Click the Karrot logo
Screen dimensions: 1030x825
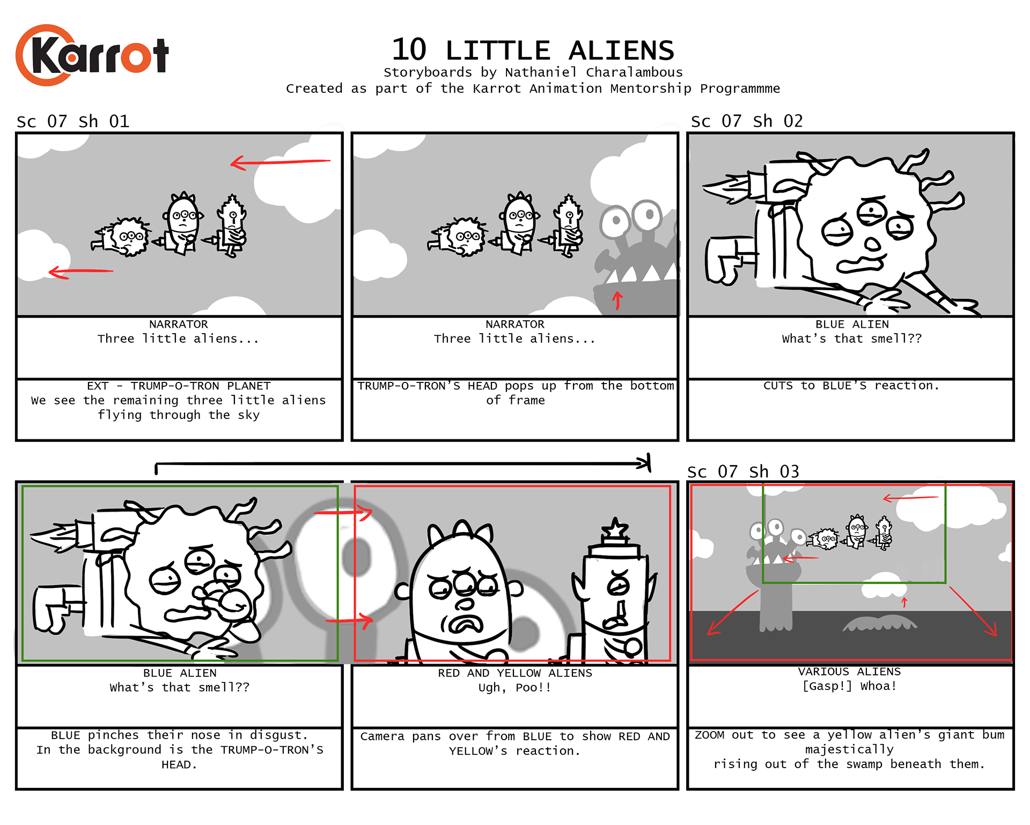pos(92,55)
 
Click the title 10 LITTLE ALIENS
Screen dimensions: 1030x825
pos(533,50)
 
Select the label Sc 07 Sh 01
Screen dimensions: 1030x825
pos(73,121)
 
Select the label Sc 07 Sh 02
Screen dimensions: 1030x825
pos(747,121)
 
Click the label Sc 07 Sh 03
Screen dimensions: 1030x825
pos(743,472)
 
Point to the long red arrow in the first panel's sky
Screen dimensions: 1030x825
pos(281,161)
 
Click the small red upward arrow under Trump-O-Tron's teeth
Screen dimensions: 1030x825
pos(617,300)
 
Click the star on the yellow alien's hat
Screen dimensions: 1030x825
pos(615,529)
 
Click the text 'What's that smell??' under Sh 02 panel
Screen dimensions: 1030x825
pos(852,338)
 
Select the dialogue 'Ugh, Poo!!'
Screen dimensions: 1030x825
pos(515,688)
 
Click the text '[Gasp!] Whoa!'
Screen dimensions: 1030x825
pos(850,686)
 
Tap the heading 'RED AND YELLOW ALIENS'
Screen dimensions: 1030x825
pos(515,673)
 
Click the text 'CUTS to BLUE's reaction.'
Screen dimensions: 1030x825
pos(851,386)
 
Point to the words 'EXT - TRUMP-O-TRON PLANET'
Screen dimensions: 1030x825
pos(179,386)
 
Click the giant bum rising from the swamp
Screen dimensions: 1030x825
pos(880,623)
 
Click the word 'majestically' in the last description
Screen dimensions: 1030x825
pos(850,749)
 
